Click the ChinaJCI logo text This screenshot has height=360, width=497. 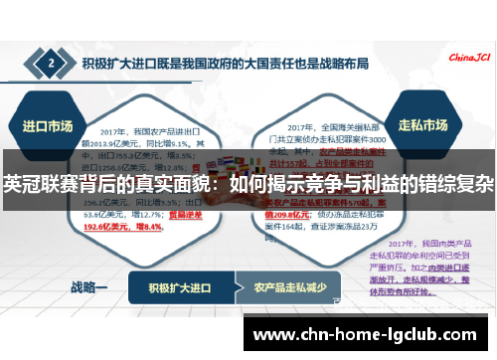click(x=466, y=57)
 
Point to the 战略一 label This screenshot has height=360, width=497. click(x=88, y=287)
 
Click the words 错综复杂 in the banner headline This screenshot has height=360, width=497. click(x=461, y=184)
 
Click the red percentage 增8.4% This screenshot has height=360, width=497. click(x=146, y=225)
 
